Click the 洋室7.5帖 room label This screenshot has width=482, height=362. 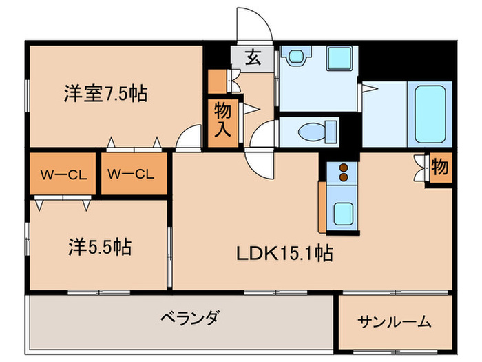coord(105,94)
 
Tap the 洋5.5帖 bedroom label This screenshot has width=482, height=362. coord(100,247)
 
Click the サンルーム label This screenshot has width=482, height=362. coord(395,321)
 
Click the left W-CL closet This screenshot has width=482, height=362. coord(63,174)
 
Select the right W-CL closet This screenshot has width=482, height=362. coord(134,174)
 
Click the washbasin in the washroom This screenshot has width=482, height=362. coord(296,54)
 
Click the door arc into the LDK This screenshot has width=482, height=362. coord(260,162)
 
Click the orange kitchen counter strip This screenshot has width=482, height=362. coord(322,207)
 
